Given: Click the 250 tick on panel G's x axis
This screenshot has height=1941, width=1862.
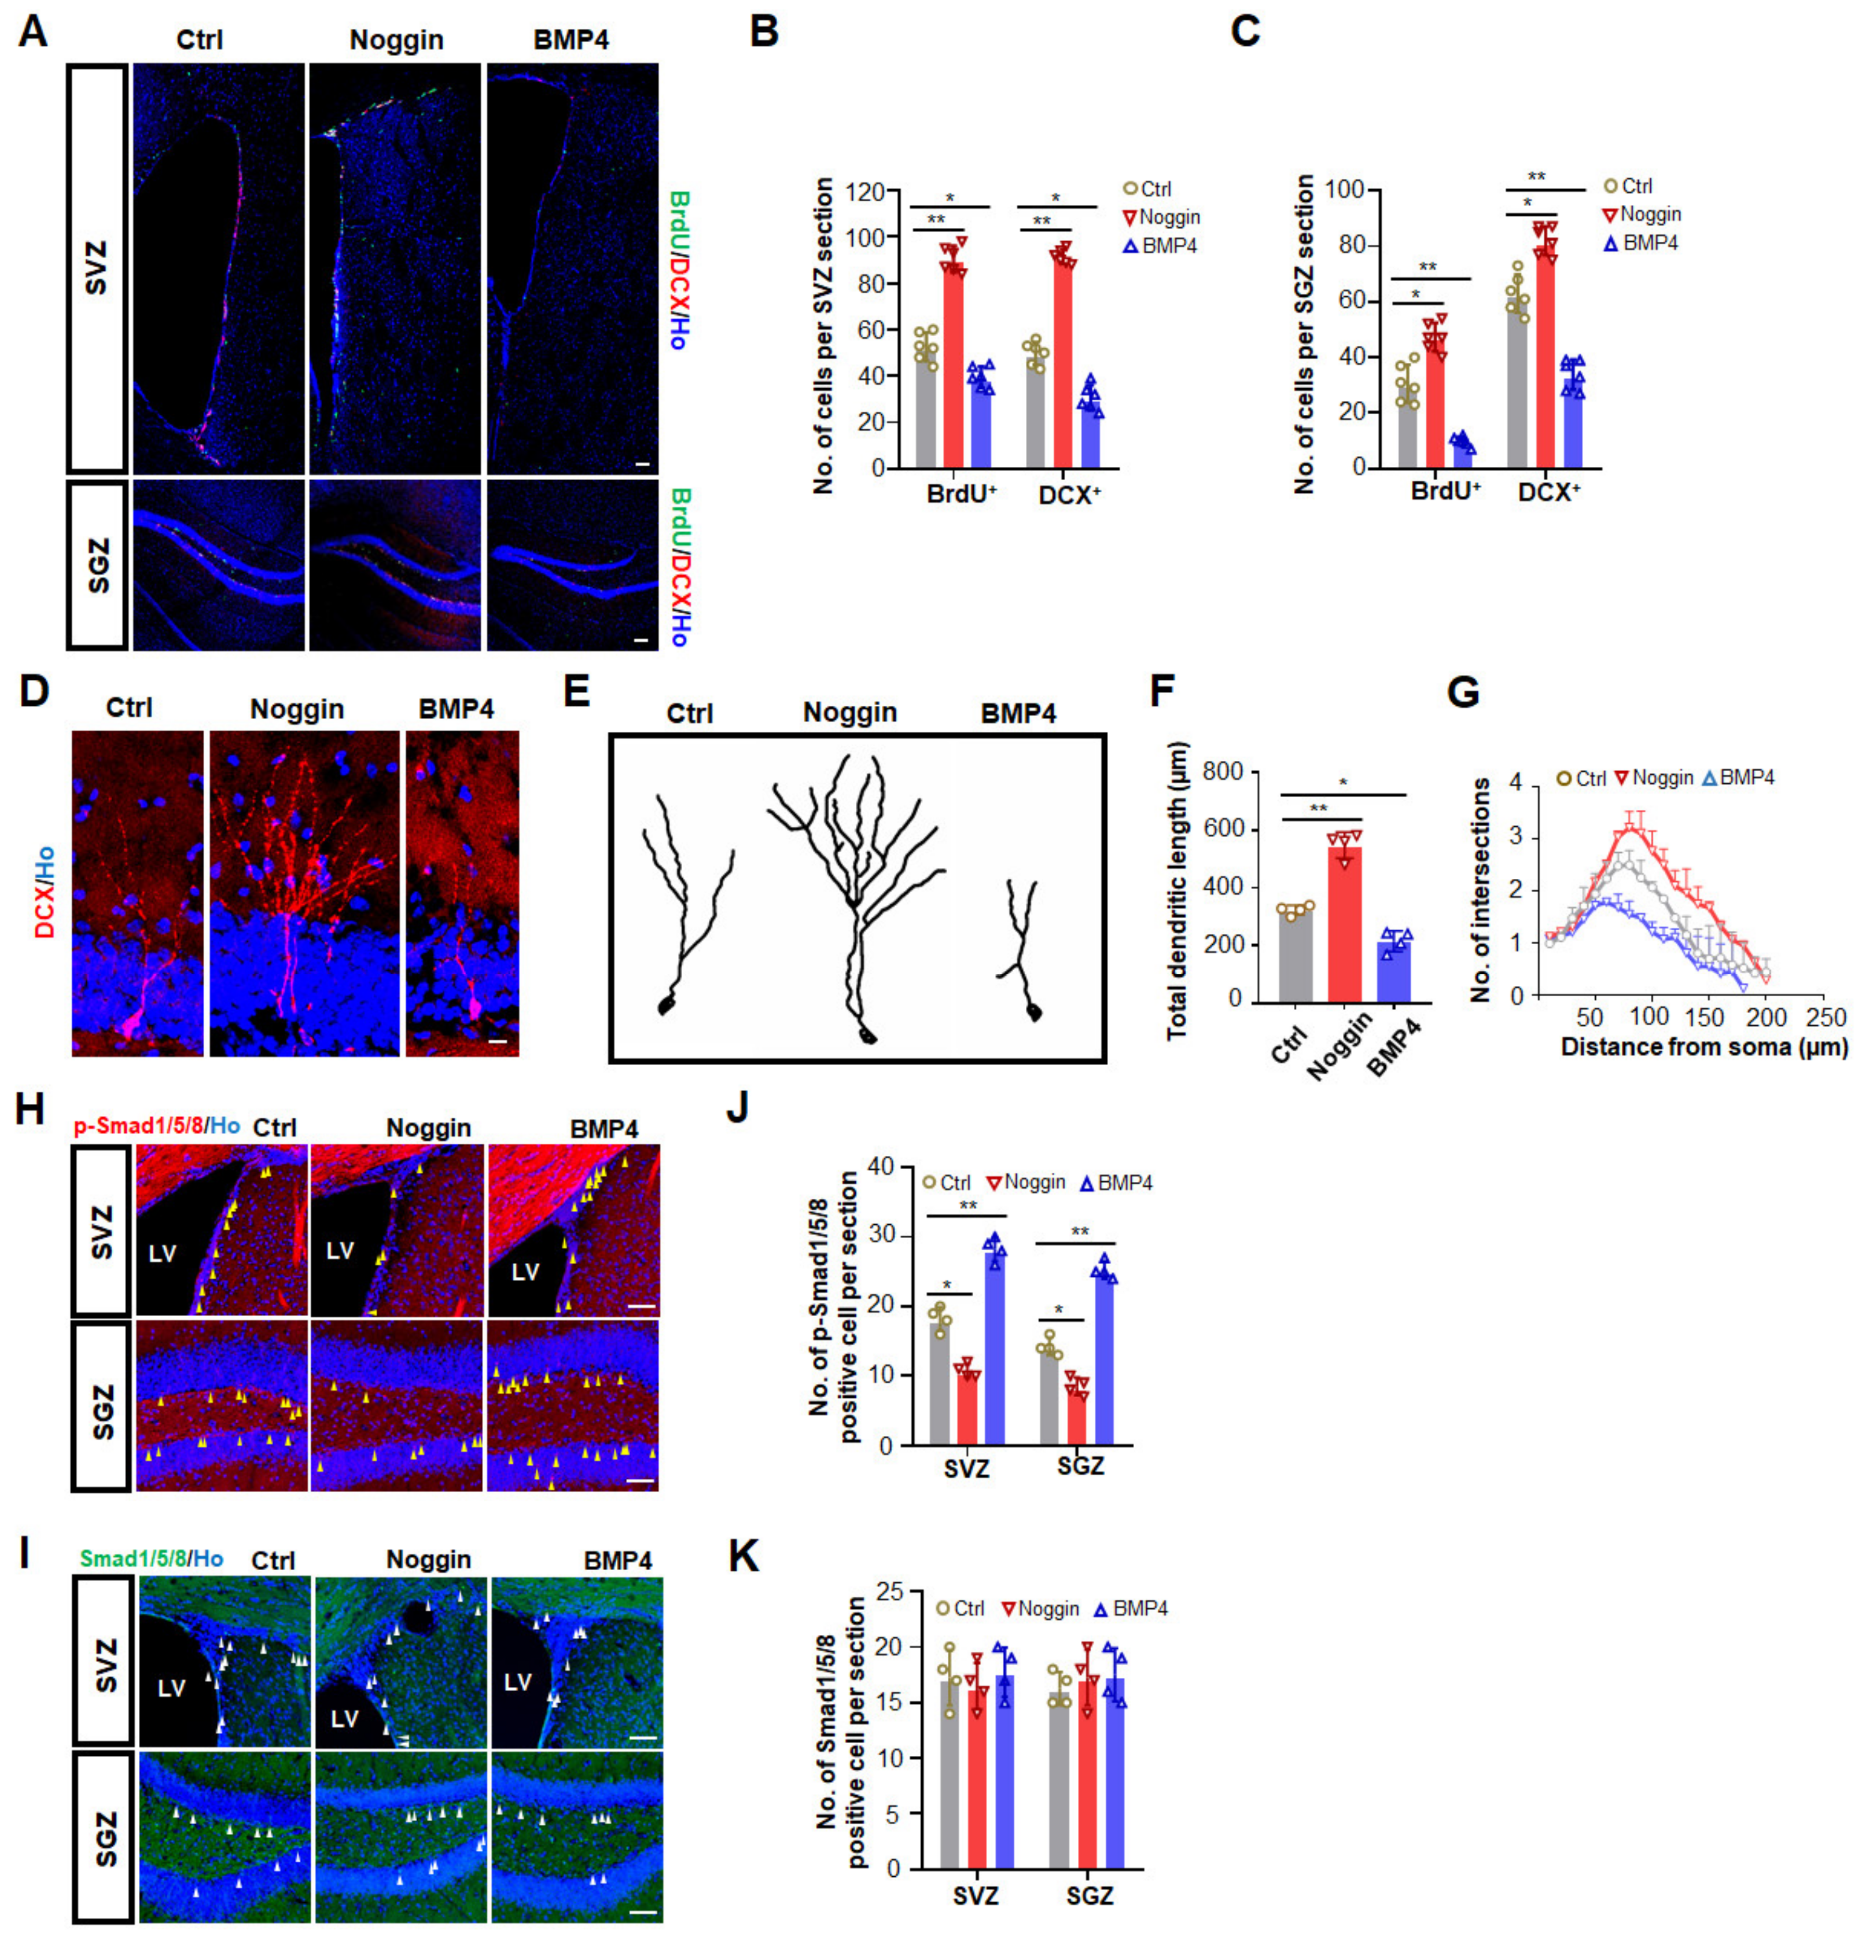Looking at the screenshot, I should pos(1826,1017).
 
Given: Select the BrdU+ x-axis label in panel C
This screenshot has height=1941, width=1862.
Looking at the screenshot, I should pos(1445,489).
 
